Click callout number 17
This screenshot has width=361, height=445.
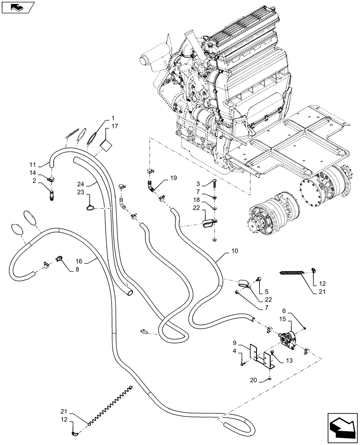point(115,126)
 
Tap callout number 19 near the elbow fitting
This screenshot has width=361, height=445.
point(173,178)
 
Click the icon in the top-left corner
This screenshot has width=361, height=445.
point(17,7)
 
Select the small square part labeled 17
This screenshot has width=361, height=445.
point(105,144)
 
